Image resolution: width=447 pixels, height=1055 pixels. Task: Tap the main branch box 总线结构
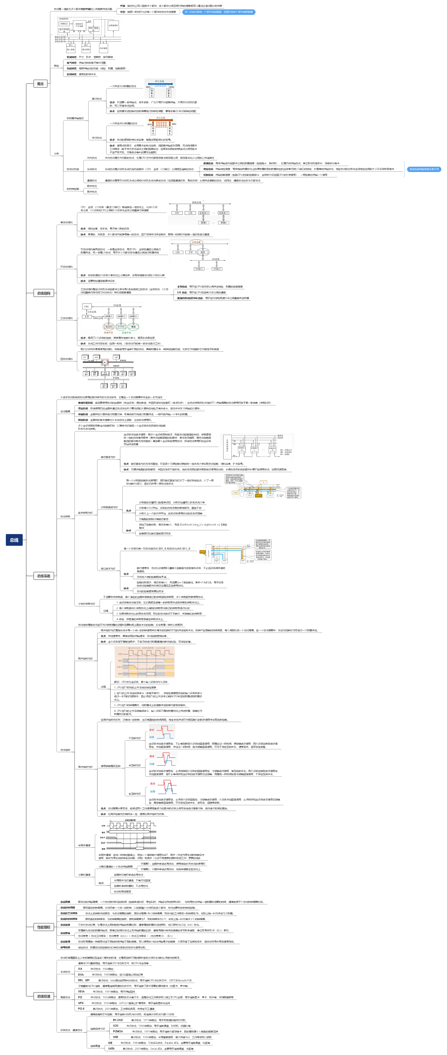[x=44, y=293]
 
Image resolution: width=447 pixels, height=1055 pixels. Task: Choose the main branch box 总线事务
[x=44, y=576]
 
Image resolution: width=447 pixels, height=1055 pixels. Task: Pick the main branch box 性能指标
[x=44, y=927]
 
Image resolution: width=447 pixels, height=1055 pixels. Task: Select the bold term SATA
[x=111, y=1048]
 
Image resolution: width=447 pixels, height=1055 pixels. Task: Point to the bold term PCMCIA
[x=118, y=1031]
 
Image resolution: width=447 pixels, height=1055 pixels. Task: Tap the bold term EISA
[x=81, y=974]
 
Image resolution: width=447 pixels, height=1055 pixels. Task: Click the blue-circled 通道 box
[x=203, y=252]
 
